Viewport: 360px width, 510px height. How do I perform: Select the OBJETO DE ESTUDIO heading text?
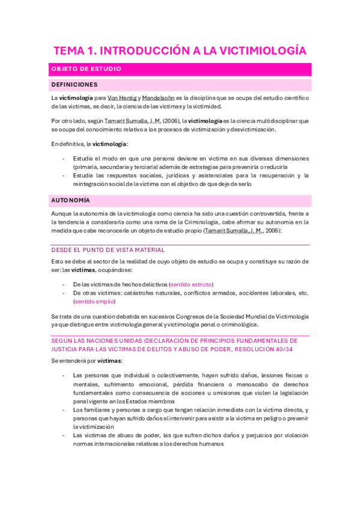pyautogui.click(x=87, y=69)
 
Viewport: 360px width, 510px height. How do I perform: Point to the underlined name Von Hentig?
pyautogui.click(x=122, y=97)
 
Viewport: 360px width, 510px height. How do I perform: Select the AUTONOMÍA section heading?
pyautogui.click(x=70, y=200)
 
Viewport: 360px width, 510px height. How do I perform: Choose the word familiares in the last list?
pyautogui.click(x=94, y=409)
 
